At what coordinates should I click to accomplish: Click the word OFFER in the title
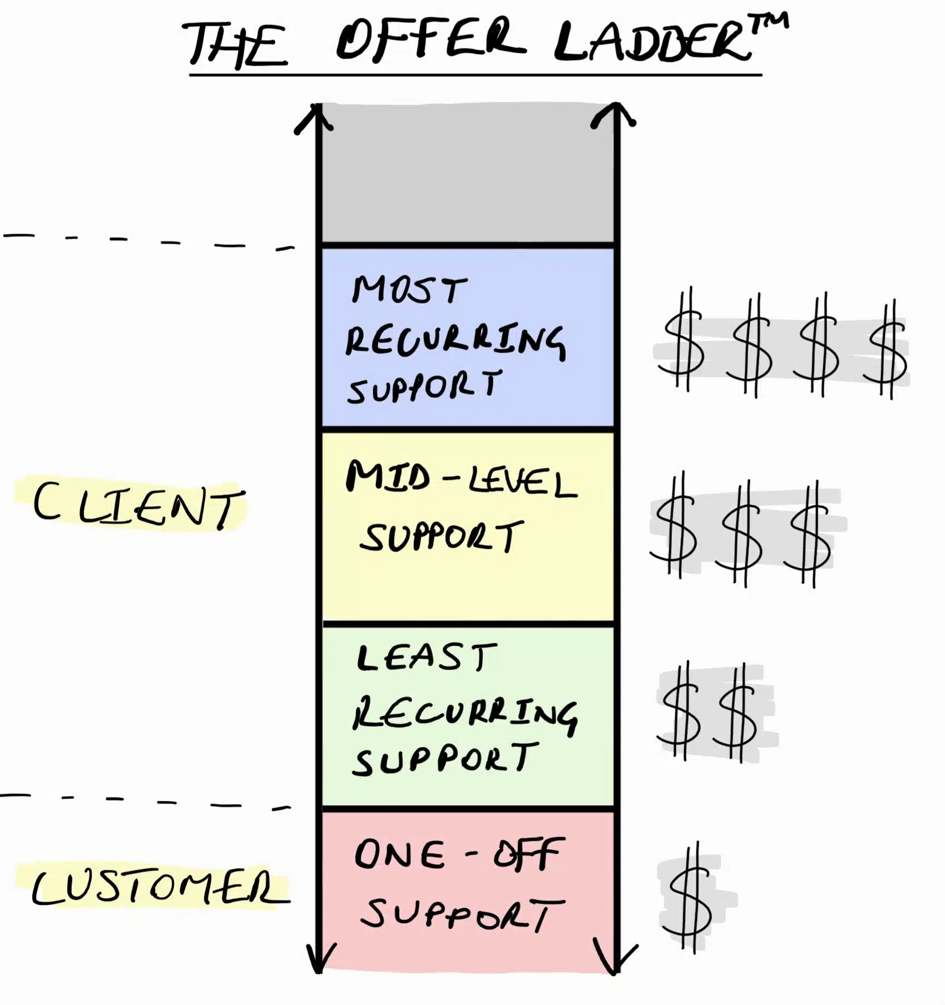[431, 41]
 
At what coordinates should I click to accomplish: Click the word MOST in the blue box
[409, 290]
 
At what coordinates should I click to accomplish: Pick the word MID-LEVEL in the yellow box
[461, 482]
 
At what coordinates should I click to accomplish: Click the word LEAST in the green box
[426, 657]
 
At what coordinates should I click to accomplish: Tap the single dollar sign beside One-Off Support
[690, 899]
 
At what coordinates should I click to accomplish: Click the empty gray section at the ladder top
[467, 172]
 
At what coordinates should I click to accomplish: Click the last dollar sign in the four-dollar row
[886, 350]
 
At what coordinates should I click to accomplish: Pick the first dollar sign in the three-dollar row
[675, 527]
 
